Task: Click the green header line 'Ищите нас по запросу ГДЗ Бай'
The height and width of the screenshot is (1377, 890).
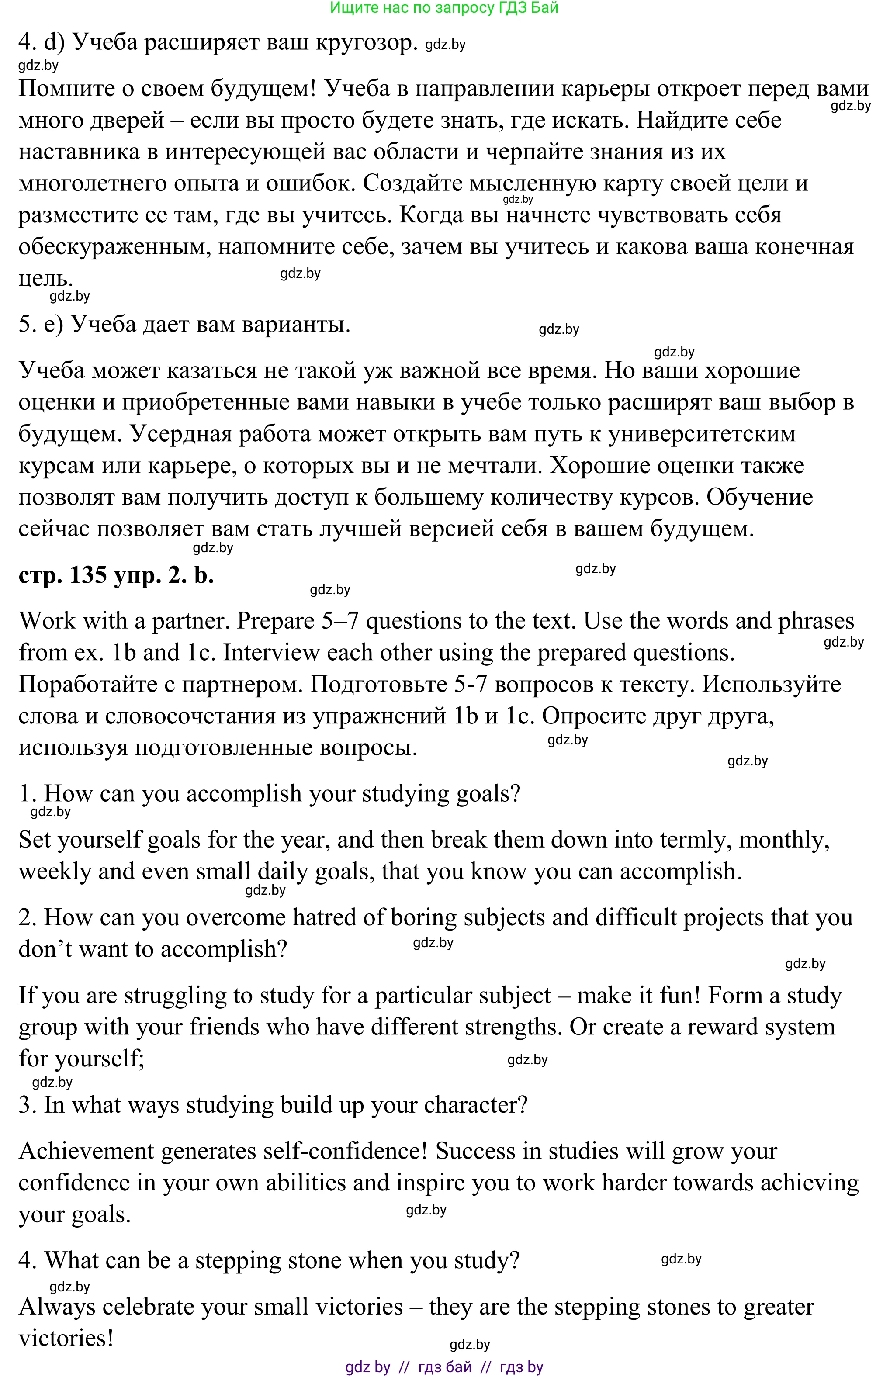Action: tap(444, 8)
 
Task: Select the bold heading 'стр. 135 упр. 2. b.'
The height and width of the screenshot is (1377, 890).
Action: tap(116, 575)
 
